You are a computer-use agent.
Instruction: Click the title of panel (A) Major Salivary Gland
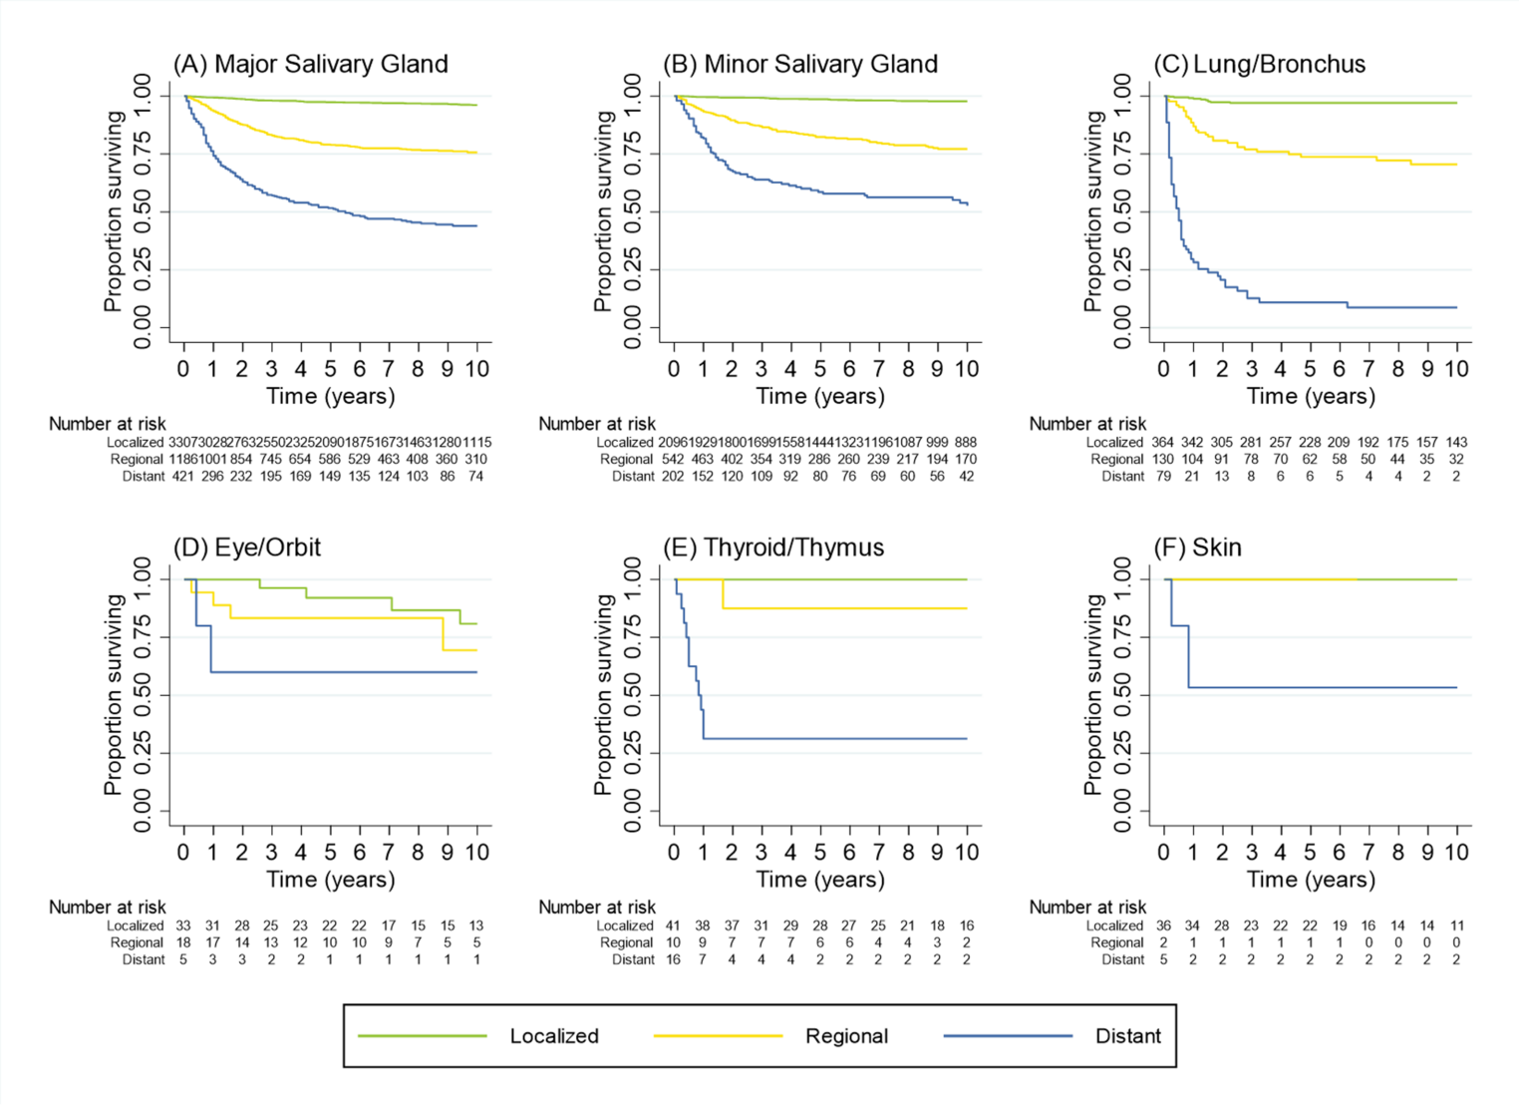(x=310, y=64)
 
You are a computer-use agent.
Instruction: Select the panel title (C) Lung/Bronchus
(x=1259, y=64)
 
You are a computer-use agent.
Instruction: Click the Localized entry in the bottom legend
(x=553, y=1036)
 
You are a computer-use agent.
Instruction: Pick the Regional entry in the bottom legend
(x=846, y=1036)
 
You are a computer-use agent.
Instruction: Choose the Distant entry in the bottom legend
(x=1127, y=1036)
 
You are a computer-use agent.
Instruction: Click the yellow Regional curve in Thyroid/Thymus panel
(x=847, y=608)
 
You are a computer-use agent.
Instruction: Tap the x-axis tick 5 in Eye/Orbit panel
(x=330, y=853)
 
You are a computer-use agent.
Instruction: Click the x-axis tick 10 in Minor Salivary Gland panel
(x=966, y=369)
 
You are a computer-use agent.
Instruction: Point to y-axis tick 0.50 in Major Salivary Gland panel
(x=144, y=211)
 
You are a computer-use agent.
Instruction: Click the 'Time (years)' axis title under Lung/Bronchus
(x=1311, y=396)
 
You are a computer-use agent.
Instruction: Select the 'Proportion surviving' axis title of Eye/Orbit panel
(x=113, y=694)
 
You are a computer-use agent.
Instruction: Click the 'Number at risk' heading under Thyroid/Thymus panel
(x=597, y=908)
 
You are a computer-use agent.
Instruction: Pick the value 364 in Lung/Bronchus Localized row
(x=1162, y=442)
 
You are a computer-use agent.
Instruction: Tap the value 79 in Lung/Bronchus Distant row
(x=1163, y=477)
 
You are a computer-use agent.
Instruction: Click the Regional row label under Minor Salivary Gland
(x=626, y=460)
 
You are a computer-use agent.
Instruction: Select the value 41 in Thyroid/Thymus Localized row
(x=673, y=925)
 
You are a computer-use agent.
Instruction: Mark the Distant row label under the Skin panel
(x=1122, y=959)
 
